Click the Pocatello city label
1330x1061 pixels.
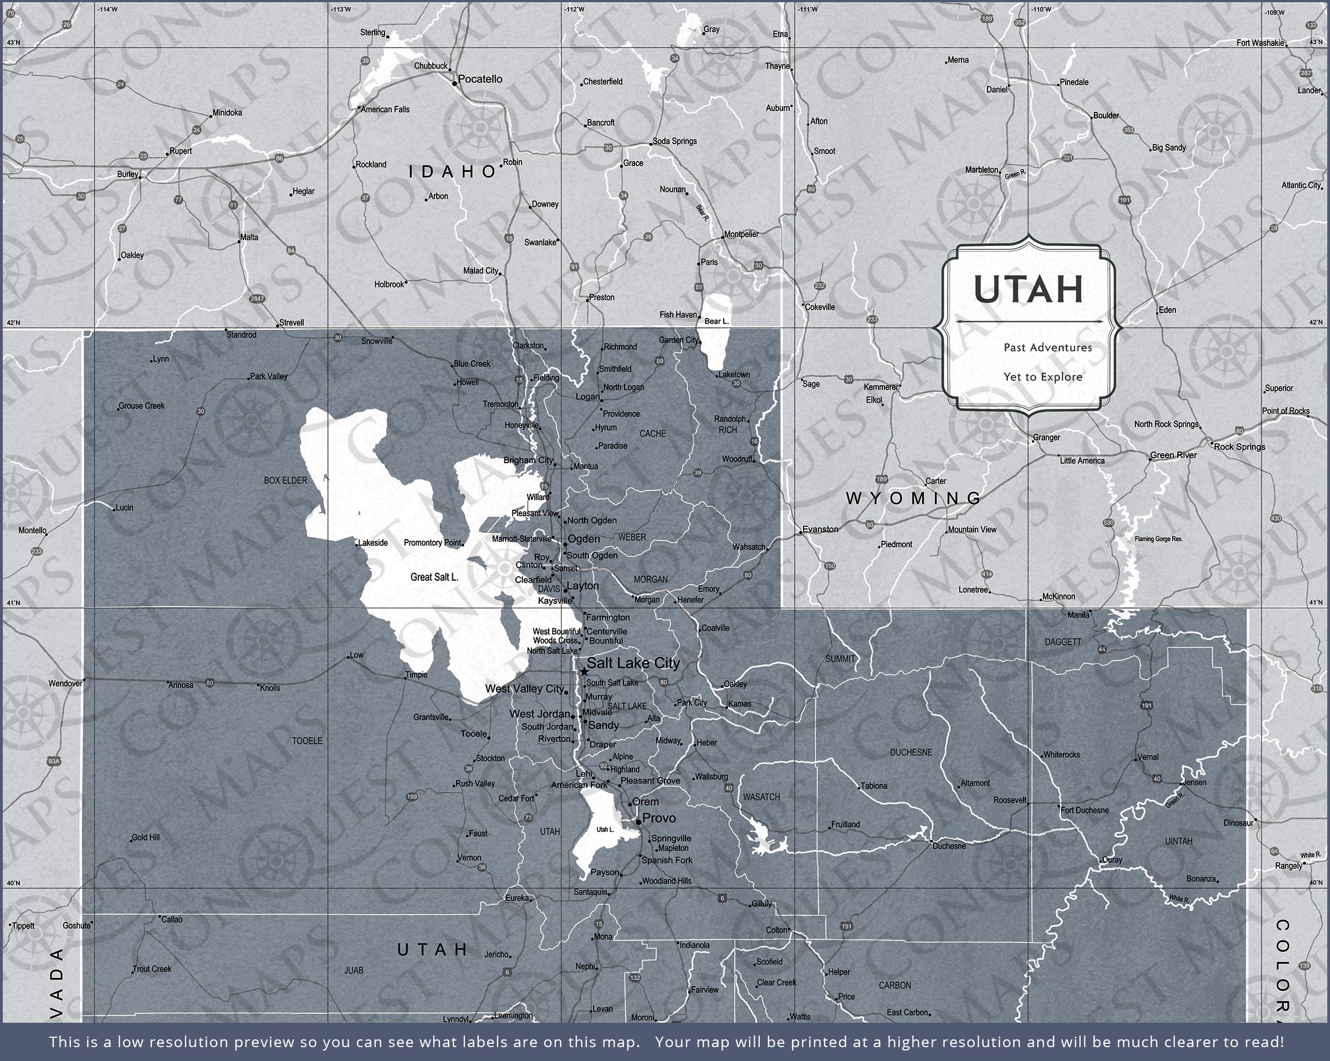[x=480, y=79]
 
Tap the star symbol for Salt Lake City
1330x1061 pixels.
[x=584, y=671]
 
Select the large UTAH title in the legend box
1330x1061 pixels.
[x=1029, y=289]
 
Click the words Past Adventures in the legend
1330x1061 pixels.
[x=1047, y=347]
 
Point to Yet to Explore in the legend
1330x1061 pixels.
[x=1042, y=377]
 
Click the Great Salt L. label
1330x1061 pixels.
[x=434, y=577]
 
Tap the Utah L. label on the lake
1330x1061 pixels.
[x=605, y=829]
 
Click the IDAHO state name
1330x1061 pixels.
[x=453, y=172]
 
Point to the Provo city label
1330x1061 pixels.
[x=659, y=818]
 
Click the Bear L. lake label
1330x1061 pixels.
[x=716, y=321]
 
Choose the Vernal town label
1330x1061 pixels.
[x=1148, y=757]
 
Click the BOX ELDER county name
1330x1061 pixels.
[x=285, y=480]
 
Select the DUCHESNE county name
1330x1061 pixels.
[x=911, y=752]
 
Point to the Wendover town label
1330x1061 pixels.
[x=65, y=684]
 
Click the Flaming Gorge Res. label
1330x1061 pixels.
[x=1159, y=539]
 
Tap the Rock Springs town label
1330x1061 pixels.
[x=1239, y=447]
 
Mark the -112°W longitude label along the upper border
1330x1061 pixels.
[x=574, y=9]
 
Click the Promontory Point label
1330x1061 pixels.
[x=432, y=543]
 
